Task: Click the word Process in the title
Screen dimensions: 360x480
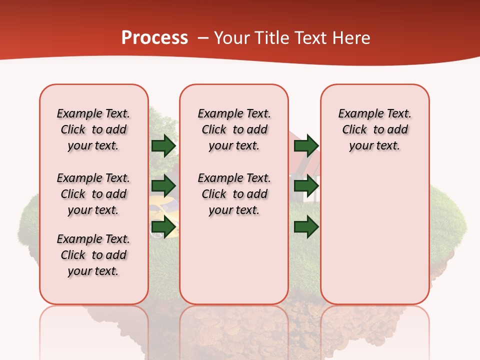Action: point(154,38)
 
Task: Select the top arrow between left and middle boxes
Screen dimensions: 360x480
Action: point(163,145)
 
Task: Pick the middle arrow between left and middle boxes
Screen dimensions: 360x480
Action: point(163,186)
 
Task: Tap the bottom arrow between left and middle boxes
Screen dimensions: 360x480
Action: point(163,227)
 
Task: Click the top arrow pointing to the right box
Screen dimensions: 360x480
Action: point(306,145)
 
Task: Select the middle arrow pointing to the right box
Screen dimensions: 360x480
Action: point(306,186)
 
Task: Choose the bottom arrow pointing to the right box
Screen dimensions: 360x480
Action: point(306,227)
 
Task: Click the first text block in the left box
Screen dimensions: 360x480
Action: point(93,129)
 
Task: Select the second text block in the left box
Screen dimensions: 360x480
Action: point(93,194)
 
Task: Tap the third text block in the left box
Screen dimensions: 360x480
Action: point(93,255)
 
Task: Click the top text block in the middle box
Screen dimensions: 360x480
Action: point(234,129)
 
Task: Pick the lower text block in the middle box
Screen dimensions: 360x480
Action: point(234,194)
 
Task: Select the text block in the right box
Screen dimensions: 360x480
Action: point(374,129)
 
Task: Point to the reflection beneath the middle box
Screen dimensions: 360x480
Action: point(234,330)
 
